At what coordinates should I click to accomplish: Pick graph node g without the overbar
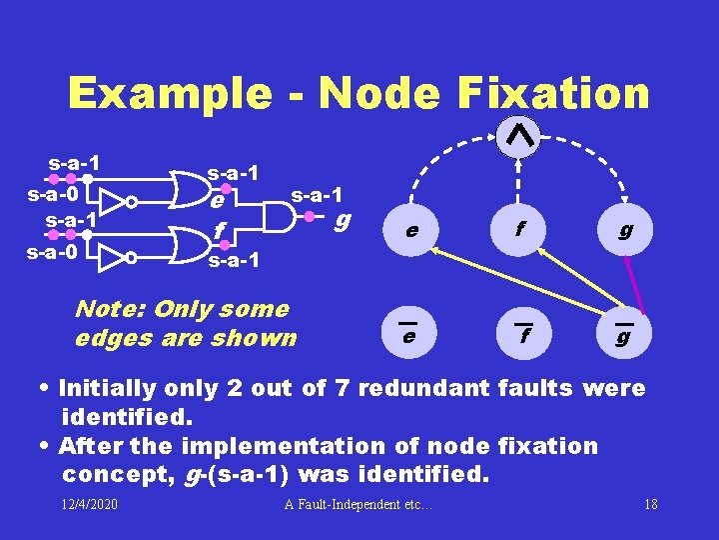[625, 230]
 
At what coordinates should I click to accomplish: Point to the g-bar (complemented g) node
[623, 335]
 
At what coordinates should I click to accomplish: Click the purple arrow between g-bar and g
[633, 285]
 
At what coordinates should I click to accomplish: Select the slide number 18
[651, 504]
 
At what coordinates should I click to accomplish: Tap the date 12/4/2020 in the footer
[89, 503]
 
